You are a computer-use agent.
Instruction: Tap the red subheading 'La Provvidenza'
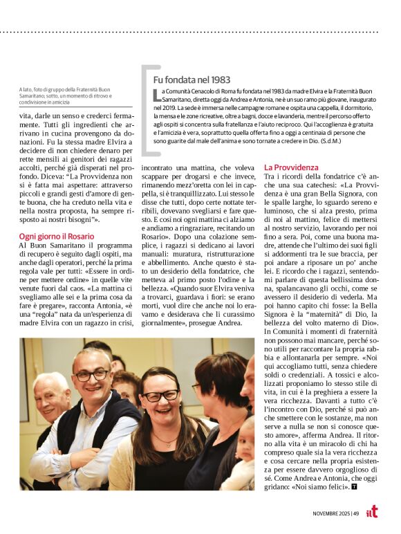click(x=291, y=167)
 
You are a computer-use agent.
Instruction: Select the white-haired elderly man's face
click(x=50, y=398)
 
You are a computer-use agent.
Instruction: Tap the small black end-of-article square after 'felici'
click(x=355, y=487)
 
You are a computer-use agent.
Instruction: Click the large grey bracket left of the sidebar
click(x=146, y=111)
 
